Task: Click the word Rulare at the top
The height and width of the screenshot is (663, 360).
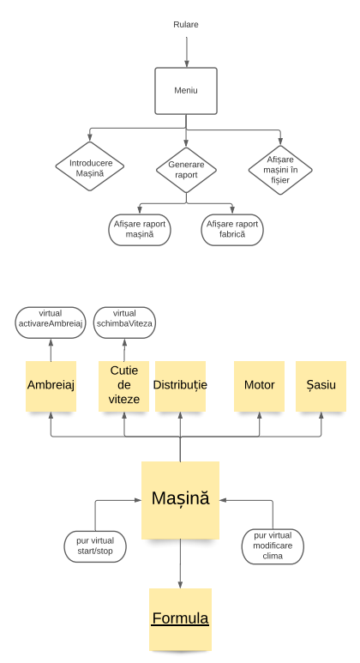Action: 186,24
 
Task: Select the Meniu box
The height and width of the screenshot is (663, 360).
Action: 186,90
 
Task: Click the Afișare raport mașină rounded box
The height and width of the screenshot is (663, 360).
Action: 140,229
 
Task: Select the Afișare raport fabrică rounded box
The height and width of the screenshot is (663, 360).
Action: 232,229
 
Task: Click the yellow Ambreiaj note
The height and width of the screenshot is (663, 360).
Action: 51,385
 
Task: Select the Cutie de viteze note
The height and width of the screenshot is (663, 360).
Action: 124,385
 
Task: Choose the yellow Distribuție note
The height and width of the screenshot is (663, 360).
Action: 180,385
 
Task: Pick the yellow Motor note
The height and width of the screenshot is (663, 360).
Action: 260,385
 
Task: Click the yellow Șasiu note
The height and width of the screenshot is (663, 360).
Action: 321,385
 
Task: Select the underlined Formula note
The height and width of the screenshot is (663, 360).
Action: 180,618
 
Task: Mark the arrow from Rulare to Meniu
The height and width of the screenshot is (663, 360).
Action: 186,51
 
